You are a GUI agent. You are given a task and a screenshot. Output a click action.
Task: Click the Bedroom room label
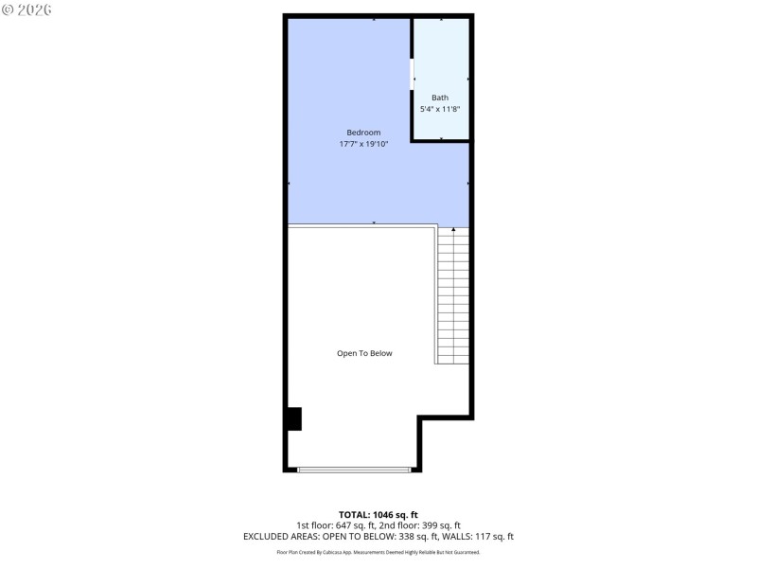tap(363, 133)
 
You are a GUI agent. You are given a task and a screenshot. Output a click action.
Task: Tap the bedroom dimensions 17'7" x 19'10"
tap(363, 144)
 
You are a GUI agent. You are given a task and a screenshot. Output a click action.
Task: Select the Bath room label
tap(440, 98)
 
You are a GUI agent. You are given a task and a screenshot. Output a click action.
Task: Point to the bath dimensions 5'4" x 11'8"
tap(440, 109)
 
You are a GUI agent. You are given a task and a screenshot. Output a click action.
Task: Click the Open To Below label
tap(364, 353)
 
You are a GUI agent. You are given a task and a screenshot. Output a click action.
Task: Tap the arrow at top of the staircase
tap(453, 229)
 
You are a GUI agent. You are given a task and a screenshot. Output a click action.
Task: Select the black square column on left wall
tap(293, 418)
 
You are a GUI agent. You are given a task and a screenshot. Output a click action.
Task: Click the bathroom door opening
tap(412, 75)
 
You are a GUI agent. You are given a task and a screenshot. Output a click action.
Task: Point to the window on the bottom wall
tap(354, 469)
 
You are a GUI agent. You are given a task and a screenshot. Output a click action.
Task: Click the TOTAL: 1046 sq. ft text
tap(378, 514)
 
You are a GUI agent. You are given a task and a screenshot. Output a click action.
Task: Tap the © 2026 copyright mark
tap(26, 9)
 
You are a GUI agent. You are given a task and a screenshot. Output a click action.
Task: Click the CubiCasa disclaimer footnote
tap(378, 552)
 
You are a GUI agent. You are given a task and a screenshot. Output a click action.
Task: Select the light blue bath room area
tap(441, 57)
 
